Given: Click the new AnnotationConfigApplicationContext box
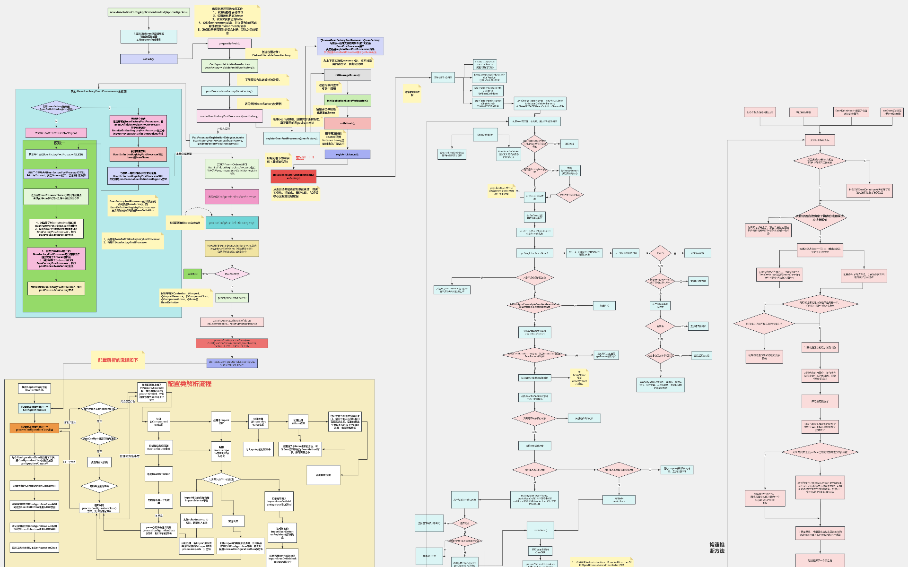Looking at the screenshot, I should coord(148,12).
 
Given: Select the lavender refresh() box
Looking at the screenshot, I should coord(148,59).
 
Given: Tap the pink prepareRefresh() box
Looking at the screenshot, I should coord(229,43).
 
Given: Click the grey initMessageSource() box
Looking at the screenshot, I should coord(347,75).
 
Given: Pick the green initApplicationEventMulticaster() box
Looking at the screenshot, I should coord(347,101).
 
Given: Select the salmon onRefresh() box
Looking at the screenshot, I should coord(347,123).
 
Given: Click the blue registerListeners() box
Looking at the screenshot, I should coord(347,155).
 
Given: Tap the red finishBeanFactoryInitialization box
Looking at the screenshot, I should coord(293,177).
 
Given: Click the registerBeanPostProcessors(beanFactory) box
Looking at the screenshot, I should coord(291,138).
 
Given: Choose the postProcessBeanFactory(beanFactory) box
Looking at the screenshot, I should coord(229,91).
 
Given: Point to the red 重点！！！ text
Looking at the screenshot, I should coord(305,158).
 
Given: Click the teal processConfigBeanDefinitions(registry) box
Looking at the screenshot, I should coord(232,223).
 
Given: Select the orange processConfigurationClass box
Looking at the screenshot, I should coord(35,428).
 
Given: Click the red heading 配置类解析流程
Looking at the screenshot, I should coord(189,384).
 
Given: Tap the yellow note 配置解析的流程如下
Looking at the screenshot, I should coord(118,360).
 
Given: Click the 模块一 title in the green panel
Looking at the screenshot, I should coord(59,143).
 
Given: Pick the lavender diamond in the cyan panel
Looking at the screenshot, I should coord(56,108).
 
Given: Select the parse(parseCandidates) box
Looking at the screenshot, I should coord(232,298).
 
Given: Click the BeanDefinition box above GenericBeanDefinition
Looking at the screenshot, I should coord(485,135).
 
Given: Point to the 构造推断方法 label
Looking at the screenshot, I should coord(716,548).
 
